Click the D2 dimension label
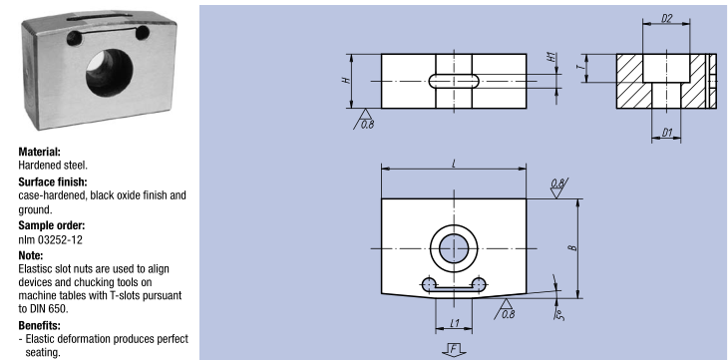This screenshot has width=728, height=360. tap(667, 19)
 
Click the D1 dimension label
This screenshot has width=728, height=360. tap(667, 133)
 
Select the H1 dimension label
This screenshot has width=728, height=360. tap(551, 58)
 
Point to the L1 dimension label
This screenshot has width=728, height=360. tap(455, 323)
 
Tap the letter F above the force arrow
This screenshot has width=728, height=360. tap(454, 348)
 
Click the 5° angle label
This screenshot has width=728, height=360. tap(559, 314)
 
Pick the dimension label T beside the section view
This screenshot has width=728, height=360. tap(579, 68)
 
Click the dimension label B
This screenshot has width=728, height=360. tap(574, 247)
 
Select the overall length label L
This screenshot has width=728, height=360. tap(454, 165)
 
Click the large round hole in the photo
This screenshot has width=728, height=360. tap(110, 73)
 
